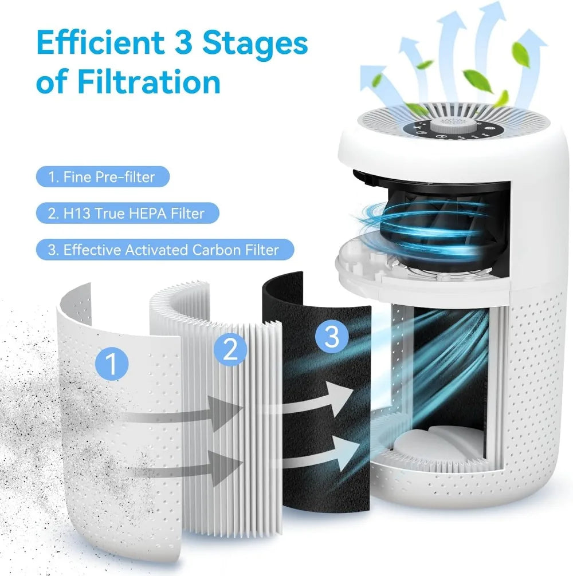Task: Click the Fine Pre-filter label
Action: [x=101, y=177]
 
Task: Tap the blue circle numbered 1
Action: [x=112, y=364]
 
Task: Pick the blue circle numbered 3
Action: [x=332, y=337]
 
